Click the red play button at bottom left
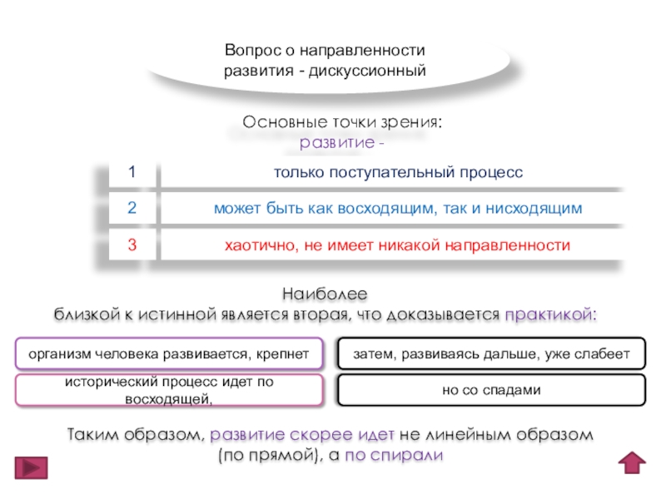31,468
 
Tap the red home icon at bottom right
634,463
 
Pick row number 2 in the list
131,208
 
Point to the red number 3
131,245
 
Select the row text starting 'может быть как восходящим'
398,208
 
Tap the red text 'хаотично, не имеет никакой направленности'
398,245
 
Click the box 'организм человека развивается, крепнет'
169,354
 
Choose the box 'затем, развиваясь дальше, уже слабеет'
491,354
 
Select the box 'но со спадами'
491,390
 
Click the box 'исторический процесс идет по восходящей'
169,390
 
